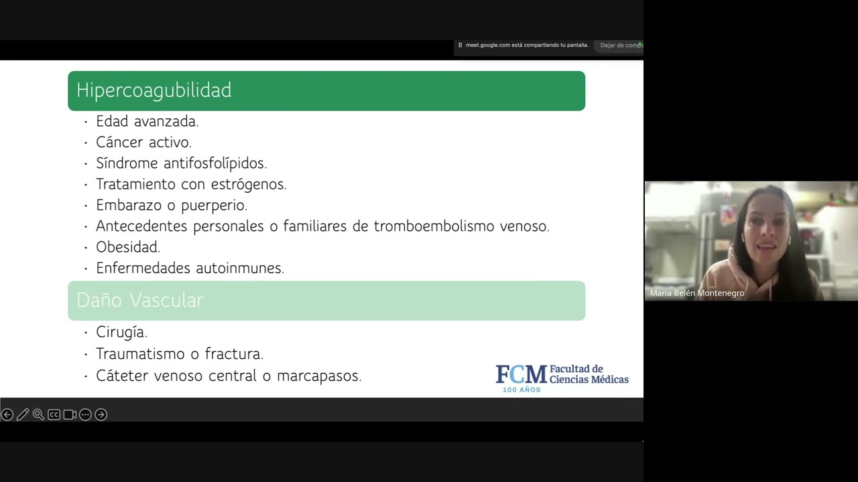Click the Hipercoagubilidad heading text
coord(154,90)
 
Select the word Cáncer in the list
coord(118,142)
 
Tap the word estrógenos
coord(248,184)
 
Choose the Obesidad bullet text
coord(127,247)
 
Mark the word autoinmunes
coord(239,268)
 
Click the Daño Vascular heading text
coord(139,301)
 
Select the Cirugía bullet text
coord(121,332)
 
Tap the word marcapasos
coord(318,376)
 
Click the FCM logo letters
coord(521,375)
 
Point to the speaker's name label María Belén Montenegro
coord(696,293)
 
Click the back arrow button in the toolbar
coord(7,415)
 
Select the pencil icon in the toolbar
coord(22,415)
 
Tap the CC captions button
coord(54,415)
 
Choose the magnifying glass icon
coord(38,415)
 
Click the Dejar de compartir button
coord(621,46)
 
